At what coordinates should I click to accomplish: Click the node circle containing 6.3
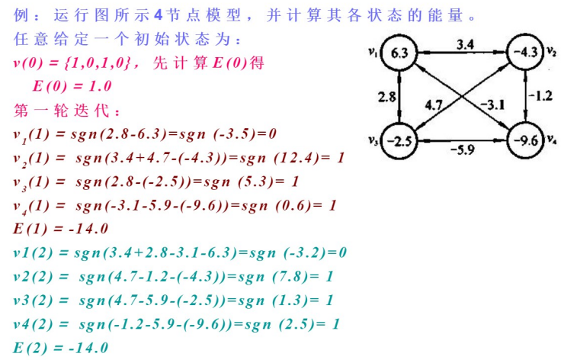click(x=400, y=53)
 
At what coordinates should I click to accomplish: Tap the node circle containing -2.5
click(x=400, y=141)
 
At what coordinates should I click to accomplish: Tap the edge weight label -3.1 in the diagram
click(x=493, y=104)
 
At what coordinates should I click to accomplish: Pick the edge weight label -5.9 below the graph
click(x=463, y=150)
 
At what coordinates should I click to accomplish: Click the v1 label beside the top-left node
click(x=372, y=51)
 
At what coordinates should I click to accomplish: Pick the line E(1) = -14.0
click(x=61, y=229)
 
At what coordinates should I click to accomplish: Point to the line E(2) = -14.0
click(x=61, y=348)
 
